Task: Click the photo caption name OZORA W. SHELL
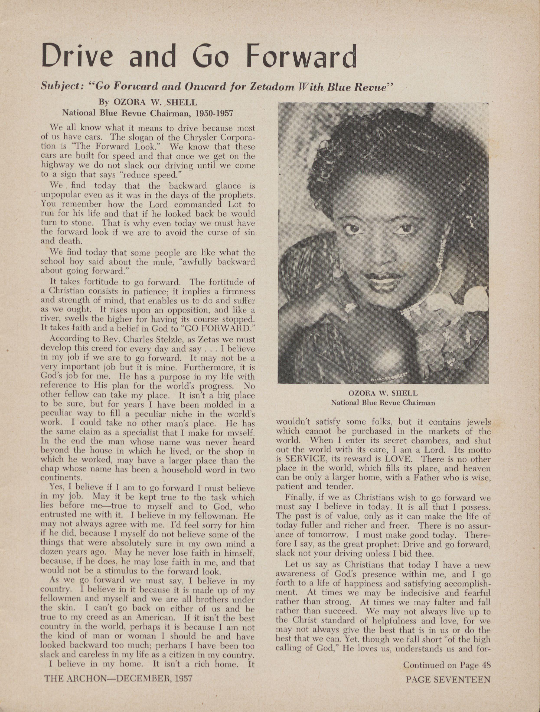tap(383, 393)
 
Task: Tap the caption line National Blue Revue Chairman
tap(383, 402)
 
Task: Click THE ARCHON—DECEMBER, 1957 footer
tap(118, 679)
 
